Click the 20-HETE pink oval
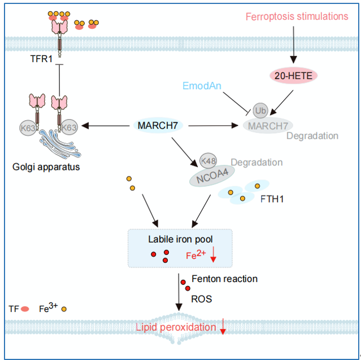click(293, 76)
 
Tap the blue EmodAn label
click(202, 86)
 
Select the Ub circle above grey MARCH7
click(260, 111)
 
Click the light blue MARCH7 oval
click(158, 125)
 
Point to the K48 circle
click(208, 161)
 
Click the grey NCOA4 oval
click(212, 176)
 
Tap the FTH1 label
click(272, 199)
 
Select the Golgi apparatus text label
click(46, 167)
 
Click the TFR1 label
click(41, 59)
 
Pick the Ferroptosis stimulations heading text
click(297, 16)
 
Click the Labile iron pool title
click(180, 239)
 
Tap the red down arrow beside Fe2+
click(213, 254)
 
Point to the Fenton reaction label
click(224, 279)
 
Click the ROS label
click(202, 299)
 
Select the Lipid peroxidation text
click(176, 327)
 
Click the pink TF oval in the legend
click(25, 309)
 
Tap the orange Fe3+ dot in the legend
click(64, 309)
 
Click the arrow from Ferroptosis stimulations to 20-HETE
click(293, 45)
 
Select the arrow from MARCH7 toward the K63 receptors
click(106, 126)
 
